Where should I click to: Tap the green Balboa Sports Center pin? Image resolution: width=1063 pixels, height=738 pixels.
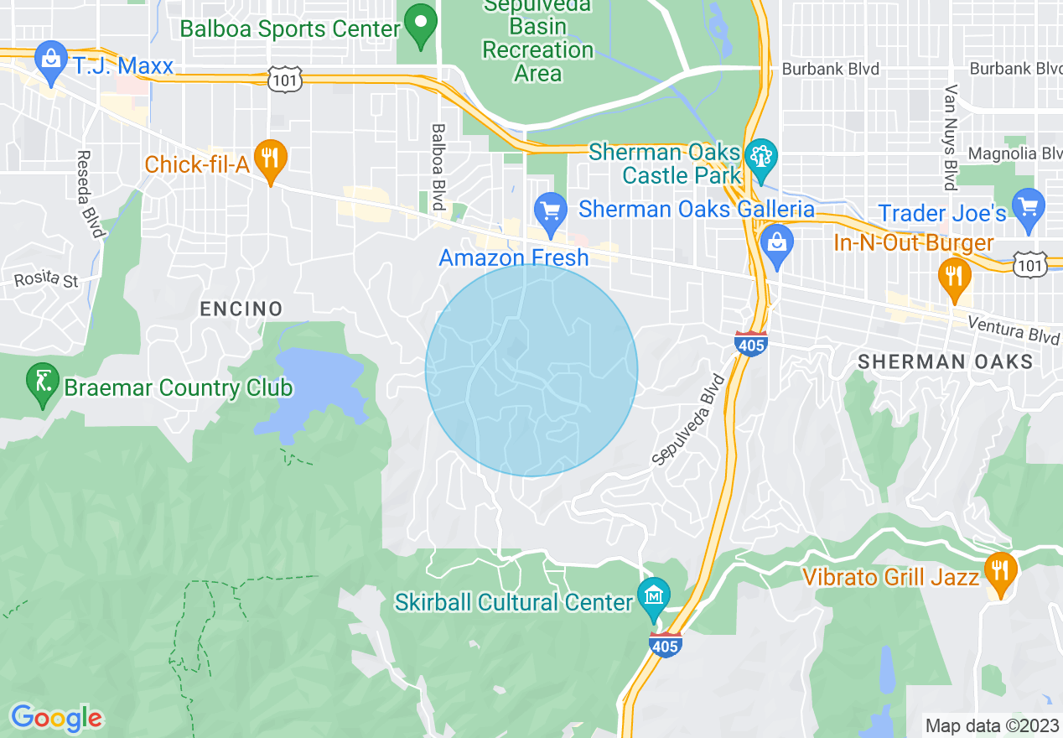[x=421, y=26]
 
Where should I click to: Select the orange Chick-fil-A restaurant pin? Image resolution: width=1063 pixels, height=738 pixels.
[x=269, y=161]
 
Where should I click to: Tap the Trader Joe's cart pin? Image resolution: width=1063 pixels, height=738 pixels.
[x=1028, y=210]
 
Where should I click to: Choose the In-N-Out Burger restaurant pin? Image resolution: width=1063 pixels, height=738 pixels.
[x=953, y=278]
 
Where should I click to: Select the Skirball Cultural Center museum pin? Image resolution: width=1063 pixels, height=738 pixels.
[x=654, y=597]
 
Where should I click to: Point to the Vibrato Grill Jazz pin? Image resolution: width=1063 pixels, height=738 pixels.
[x=999, y=574]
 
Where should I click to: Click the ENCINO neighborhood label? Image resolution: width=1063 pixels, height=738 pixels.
[x=241, y=309]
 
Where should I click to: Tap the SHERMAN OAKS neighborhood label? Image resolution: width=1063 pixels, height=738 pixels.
[x=945, y=361]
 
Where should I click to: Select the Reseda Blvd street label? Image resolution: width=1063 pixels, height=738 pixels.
[x=90, y=194]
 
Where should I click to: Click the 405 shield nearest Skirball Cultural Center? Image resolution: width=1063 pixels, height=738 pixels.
[x=664, y=645]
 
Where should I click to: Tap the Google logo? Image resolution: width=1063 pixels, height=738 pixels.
[x=56, y=718]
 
